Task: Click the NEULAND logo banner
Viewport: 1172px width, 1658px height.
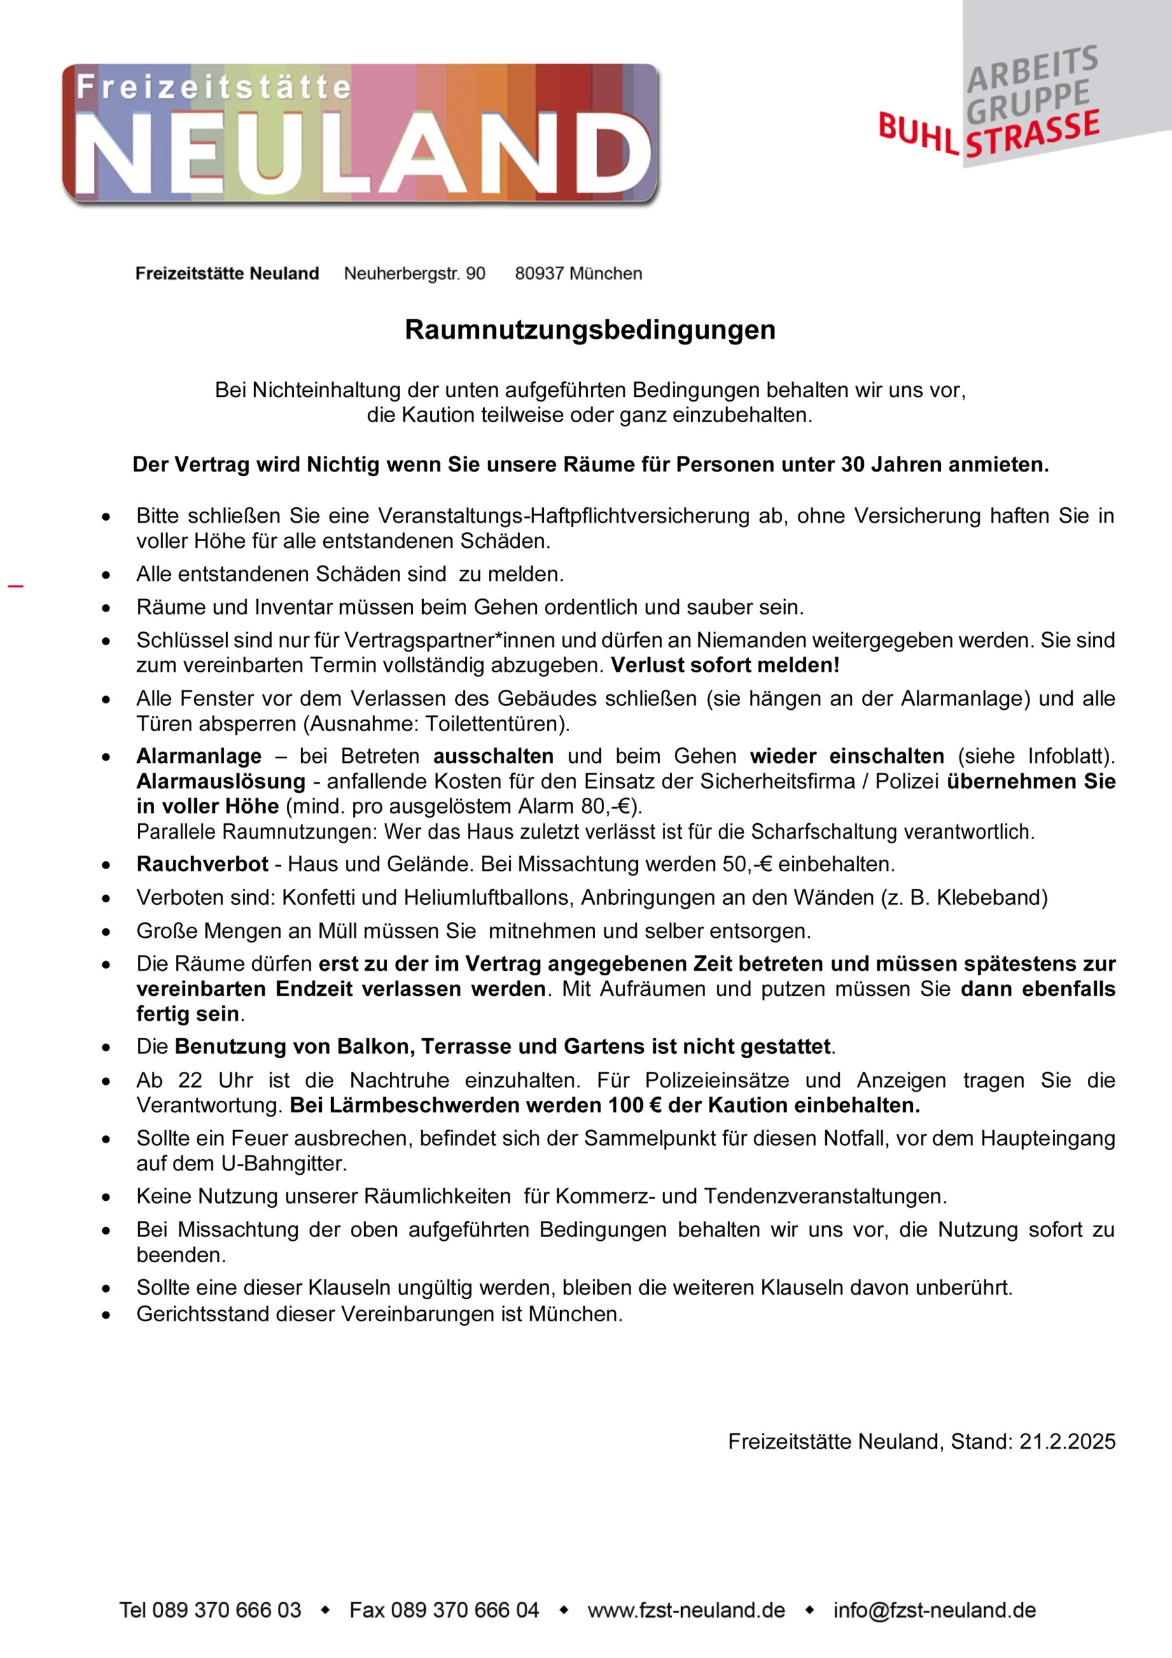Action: [359, 133]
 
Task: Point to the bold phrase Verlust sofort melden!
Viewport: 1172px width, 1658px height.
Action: [725, 665]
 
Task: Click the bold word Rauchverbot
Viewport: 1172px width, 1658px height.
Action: [202, 864]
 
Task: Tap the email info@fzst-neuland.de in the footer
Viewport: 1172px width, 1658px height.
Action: [934, 1609]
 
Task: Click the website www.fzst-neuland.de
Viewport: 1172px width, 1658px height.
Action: [686, 1609]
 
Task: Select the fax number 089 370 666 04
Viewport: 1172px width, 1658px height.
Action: [464, 1609]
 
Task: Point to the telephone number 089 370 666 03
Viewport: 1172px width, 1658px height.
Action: [226, 1609]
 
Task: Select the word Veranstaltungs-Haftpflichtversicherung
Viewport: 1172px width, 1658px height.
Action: [564, 516]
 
